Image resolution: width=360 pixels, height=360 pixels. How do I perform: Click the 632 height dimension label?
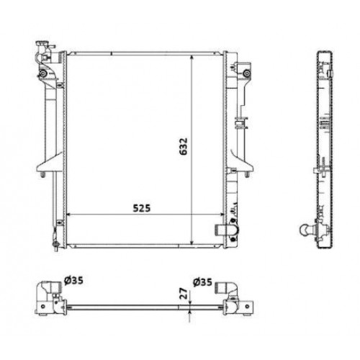coord(183,146)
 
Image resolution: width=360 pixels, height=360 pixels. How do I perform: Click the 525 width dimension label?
coord(142,208)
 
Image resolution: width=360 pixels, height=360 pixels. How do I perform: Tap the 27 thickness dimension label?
coord(184,293)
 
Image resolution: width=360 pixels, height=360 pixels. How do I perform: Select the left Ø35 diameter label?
coord(73,280)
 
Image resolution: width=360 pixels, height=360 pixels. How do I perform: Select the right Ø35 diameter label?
coord(202,282)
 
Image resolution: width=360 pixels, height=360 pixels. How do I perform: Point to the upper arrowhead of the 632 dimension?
coord(192,58)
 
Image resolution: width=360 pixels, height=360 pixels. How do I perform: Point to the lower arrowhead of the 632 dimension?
coord(192,242)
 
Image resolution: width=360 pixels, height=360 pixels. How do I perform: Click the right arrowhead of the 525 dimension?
coord(221,214)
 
